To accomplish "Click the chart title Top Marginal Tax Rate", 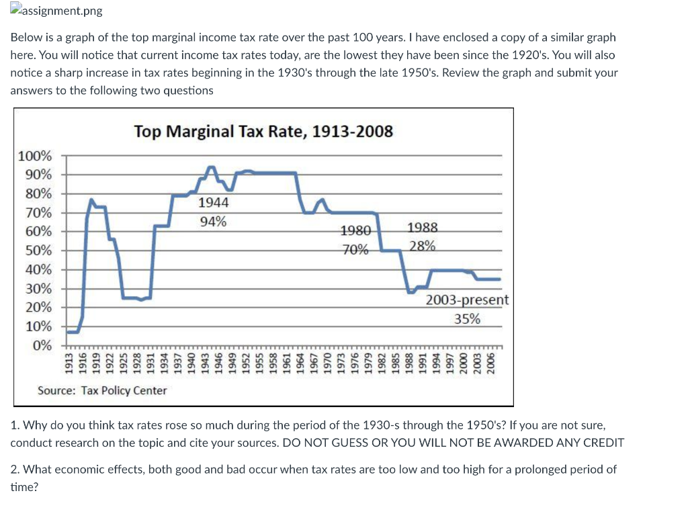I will [263, 130].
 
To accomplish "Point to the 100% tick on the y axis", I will [34, 156].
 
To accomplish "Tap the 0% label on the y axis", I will [42, 345].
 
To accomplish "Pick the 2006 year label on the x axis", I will [490, 365].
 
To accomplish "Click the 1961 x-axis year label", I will [286, 365].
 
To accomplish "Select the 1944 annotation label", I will [213, 202].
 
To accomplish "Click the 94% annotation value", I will [213, 222].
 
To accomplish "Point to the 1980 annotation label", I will [355, 231].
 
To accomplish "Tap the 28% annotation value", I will [422, 247].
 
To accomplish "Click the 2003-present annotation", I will [467, 300].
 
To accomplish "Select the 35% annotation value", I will [467, 319].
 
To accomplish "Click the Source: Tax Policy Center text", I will [102, 390].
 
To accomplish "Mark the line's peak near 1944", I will [212, 167].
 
